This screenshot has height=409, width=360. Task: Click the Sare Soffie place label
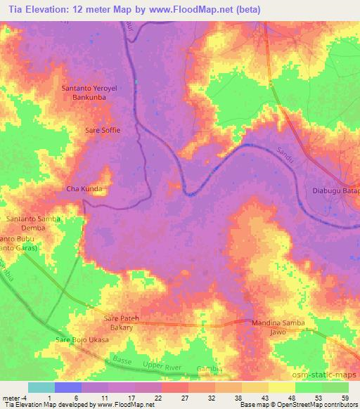click(103, 130)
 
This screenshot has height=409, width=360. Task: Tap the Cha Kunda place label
click(84, 189)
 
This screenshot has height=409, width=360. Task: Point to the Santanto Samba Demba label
click(33, 223)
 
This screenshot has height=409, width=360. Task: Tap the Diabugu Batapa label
click(335, 190)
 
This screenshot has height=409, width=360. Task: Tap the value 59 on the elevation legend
click(344, 398)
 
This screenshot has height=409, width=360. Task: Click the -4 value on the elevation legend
click(18, 398)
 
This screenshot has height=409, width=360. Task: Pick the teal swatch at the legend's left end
click(41, 387)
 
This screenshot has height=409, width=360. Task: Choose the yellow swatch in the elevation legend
click(281, 387)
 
